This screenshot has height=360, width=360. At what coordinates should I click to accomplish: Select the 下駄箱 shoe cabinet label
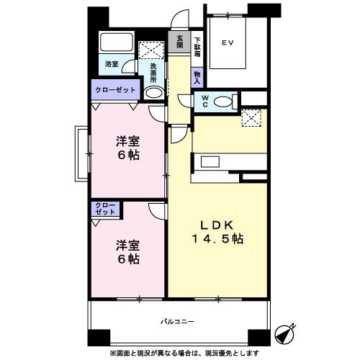tap(197, 45)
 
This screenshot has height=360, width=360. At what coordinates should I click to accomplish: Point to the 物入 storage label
tap(197, 76)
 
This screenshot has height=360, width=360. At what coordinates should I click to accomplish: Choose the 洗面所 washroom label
tap(153, 74)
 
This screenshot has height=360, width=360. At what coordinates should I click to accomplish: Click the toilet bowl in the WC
tap(225, 102)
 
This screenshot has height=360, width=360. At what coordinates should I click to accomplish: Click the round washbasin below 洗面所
tap(153, 94)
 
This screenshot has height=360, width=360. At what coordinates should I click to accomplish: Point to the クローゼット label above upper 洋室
tap(114, 89)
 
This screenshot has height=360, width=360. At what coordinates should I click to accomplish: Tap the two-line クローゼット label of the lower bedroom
tap(105, 210)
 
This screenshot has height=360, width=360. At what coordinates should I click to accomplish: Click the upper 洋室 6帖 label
tap(127, 147)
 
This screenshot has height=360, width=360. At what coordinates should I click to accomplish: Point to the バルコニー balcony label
tap(178, 321)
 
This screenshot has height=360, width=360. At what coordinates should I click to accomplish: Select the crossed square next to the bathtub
tap(153, 49)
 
